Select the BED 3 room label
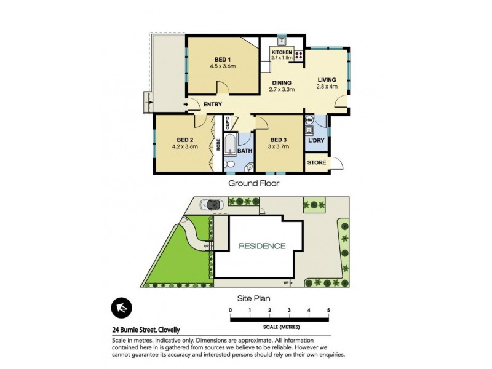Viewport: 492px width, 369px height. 279,140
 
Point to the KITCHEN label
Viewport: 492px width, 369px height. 281,53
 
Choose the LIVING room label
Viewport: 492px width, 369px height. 327,80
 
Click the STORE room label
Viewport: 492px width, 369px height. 316,162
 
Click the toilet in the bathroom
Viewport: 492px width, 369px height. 230,164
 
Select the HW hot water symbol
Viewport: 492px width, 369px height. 309,119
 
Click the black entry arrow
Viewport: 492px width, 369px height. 186,105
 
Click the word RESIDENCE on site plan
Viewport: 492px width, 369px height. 263,246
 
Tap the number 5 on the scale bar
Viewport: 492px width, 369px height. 329,309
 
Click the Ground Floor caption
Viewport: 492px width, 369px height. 254,183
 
